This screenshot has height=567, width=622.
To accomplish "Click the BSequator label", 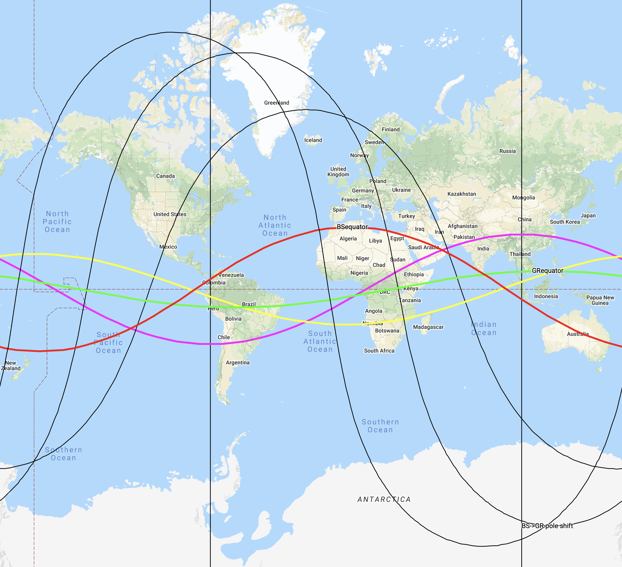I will pos(352,227).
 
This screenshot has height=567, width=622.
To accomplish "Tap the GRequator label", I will pos(548,271).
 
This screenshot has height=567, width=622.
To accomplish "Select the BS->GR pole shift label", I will pos(547,526).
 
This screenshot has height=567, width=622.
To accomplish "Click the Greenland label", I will pos(276,103).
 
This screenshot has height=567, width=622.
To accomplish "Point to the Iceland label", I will pos(313,140).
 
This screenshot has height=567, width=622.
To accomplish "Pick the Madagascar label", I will pos(428,327).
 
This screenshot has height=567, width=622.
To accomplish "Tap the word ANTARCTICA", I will pos(384,499).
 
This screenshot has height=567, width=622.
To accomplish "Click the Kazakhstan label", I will pos(461,194).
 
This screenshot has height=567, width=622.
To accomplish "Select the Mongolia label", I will pos(524,198).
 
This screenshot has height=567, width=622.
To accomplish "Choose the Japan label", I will pos(588,215).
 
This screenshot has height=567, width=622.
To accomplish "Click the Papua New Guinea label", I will pos(600,300).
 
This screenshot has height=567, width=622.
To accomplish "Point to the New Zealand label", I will pos(11,366).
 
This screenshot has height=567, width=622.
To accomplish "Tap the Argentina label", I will pos(237,363).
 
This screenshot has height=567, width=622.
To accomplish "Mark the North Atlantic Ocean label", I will pos(275,225).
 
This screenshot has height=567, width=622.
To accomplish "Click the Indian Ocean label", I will pos(484,328).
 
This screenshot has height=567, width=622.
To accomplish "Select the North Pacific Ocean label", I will pos(57,222).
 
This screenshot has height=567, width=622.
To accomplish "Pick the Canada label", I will pos(165,176).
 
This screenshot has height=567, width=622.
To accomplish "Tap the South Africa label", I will pos(379,351).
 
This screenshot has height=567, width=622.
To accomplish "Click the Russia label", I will pos(507,151).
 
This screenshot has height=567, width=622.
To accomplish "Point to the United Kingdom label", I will pos(338,172).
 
